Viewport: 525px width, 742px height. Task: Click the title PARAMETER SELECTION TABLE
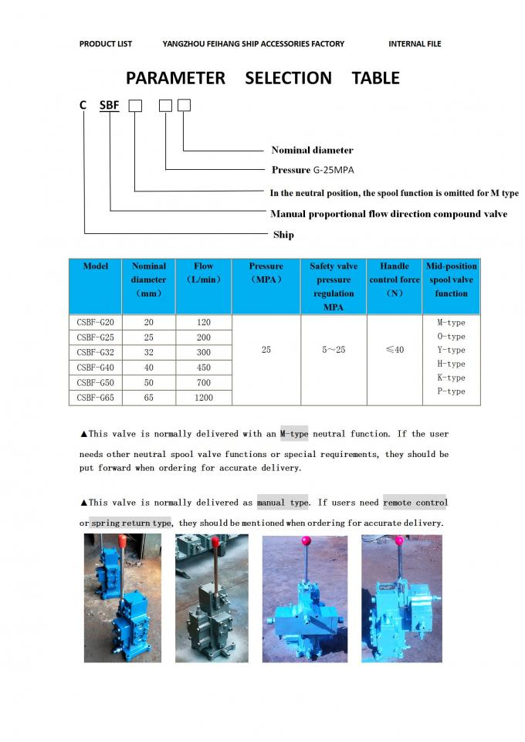pyautogui.click(x=262, y=78)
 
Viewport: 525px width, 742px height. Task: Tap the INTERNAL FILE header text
pyautogui.click(x=415, y=44)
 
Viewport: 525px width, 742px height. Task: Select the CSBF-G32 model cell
pyautogui.click(x=95, y=352)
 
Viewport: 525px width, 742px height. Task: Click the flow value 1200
pyautogui.click(x=203, y=398)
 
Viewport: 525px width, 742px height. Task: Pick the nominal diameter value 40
pyautogui.click(x=148, y=368)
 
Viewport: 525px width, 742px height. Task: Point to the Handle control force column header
pyautogui.click(x=395, y=280)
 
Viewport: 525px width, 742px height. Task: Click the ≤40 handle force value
pyautogui.click(x=395, y=351)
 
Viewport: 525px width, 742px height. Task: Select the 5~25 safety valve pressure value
pyautogui.click(x=334, y=351)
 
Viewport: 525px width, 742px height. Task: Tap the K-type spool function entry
pyautogui.click(x=451, y=378)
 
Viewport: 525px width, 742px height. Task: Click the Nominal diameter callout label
pyautogui.click(x=312, y=150)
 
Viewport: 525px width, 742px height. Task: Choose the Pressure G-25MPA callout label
pyautogui.click(x=313, y=170)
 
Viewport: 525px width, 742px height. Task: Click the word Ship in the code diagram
pyautogui.click(x=283, y=235)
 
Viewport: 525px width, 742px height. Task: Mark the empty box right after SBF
pyautogui.click(x=135, y=106)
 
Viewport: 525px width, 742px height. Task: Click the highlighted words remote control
pyautogui.click(x=415, y=503)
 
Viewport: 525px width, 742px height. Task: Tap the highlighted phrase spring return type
pyautogui.click(x=130, y=523)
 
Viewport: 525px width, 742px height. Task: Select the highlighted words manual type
pyautogui.click(x=283, y=503)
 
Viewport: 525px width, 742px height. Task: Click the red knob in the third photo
pyautogui.click(x=306, y=540)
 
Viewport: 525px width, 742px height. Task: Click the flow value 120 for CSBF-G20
pyautogui.click(x=203, y=322)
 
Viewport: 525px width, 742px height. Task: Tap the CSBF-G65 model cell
pyautogui.click(x=95, y=398)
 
